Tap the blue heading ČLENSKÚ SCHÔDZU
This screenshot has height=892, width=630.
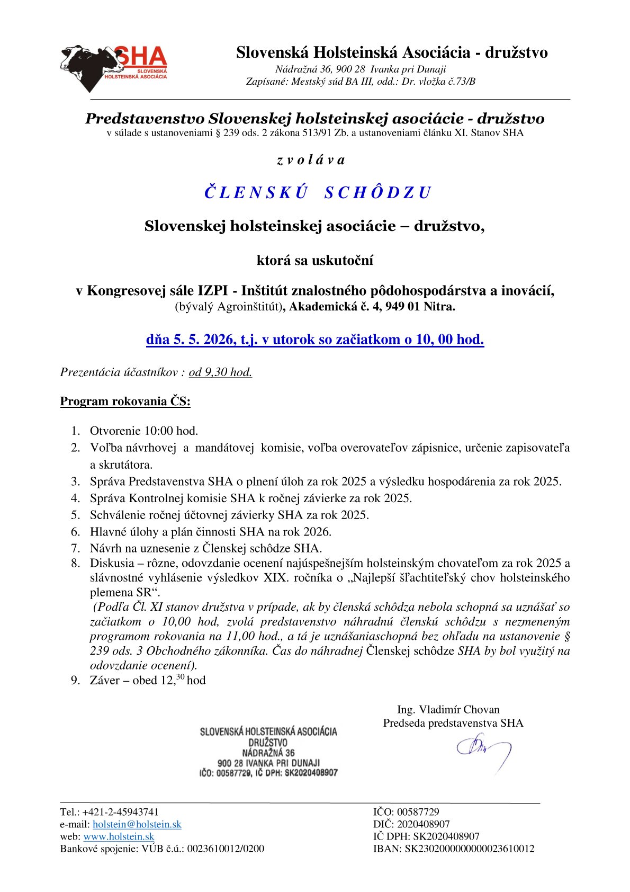point(318,192)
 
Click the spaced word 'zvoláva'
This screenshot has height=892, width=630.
point(311,160)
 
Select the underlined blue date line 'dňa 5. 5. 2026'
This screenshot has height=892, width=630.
point(315,339)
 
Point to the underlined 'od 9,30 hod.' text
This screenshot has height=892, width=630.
point(220,372)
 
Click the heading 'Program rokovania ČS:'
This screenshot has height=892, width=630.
point(125,401)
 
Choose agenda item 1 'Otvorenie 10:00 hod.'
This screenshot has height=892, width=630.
point(144,431)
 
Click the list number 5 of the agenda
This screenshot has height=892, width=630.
point(76,515)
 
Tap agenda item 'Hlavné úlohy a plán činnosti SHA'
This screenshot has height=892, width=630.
point(210,531)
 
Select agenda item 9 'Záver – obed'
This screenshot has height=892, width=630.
point(147,680)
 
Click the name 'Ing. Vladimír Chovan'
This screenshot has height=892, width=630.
point(448,709)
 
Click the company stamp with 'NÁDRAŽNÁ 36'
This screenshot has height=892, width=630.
point(268,752)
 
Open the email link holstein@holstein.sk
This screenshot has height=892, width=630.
point(137,824)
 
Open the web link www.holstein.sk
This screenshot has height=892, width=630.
point(119,836)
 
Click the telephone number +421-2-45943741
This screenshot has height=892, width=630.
point(120,812)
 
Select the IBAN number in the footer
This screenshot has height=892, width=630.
point(469,849)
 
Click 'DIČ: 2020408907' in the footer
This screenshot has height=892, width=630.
point(411,824)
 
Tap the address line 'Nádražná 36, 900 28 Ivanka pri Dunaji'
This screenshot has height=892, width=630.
point(361,69)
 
